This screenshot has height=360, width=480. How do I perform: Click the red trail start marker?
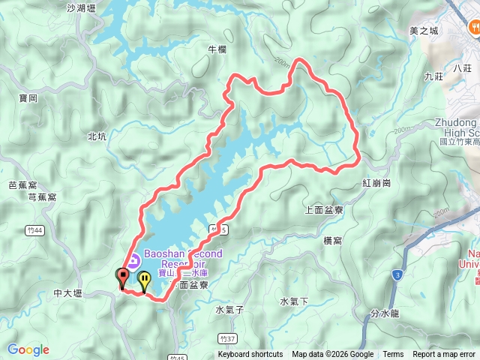pos(122,277)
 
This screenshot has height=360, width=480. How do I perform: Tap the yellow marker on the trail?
pos(143,280)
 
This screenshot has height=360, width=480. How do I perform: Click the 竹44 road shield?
pos(31,230)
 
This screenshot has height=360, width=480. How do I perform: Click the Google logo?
pos(28,349)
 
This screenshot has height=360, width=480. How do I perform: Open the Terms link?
pos(393,355)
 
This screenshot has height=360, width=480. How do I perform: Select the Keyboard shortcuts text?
pos(250,355)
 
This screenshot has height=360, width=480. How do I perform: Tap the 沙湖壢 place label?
pos(82,9)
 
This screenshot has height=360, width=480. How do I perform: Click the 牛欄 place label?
pos(216,49)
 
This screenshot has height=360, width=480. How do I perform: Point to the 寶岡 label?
pos(28,98)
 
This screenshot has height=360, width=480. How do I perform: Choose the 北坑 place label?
pos(97,136)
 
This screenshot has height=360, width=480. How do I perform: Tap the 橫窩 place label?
pos(332,239)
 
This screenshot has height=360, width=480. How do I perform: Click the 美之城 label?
pos(423,31)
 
